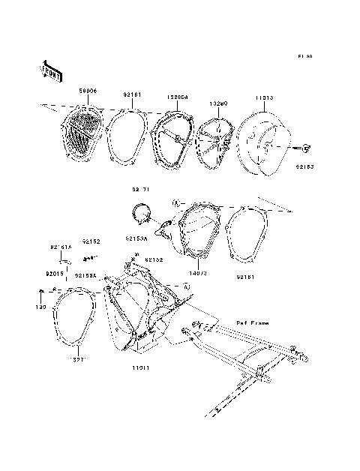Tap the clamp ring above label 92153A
[x=143, y=214]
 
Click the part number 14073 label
[x=197, y=274]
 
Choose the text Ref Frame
[x=251, y=323]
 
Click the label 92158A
[x=85, y=276]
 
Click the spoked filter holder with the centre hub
[x=217, y=142]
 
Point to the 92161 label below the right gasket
[x=247, y=277]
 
